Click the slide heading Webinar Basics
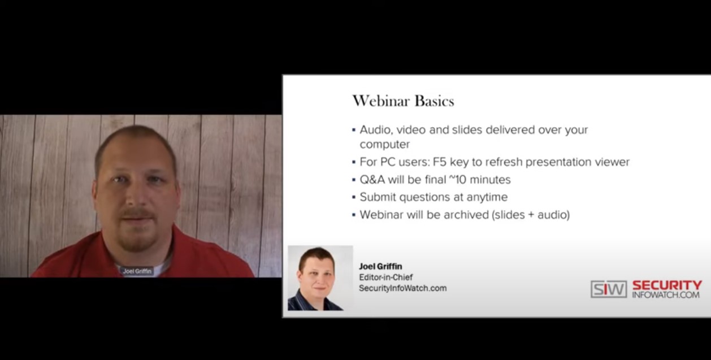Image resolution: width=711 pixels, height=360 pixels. pos(403,101)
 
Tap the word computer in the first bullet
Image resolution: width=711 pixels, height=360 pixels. pos(385,145)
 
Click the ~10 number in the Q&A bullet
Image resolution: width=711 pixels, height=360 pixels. pos(457,179)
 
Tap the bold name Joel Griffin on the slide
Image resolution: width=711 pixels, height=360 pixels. pos(380,266)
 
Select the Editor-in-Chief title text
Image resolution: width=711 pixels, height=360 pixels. pos(385,277)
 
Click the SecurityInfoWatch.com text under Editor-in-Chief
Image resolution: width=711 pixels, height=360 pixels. pos(403,288)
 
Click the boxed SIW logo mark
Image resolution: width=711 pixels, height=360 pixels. pos(609,289)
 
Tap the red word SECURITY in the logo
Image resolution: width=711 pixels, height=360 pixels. pos(667,285)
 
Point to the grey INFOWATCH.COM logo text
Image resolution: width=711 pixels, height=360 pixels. pos(666,294)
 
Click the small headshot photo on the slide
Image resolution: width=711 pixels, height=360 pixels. pos(320,278)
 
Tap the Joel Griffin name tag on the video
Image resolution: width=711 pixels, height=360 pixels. pos(137,271)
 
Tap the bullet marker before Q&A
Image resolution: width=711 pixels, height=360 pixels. pos(354,180)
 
